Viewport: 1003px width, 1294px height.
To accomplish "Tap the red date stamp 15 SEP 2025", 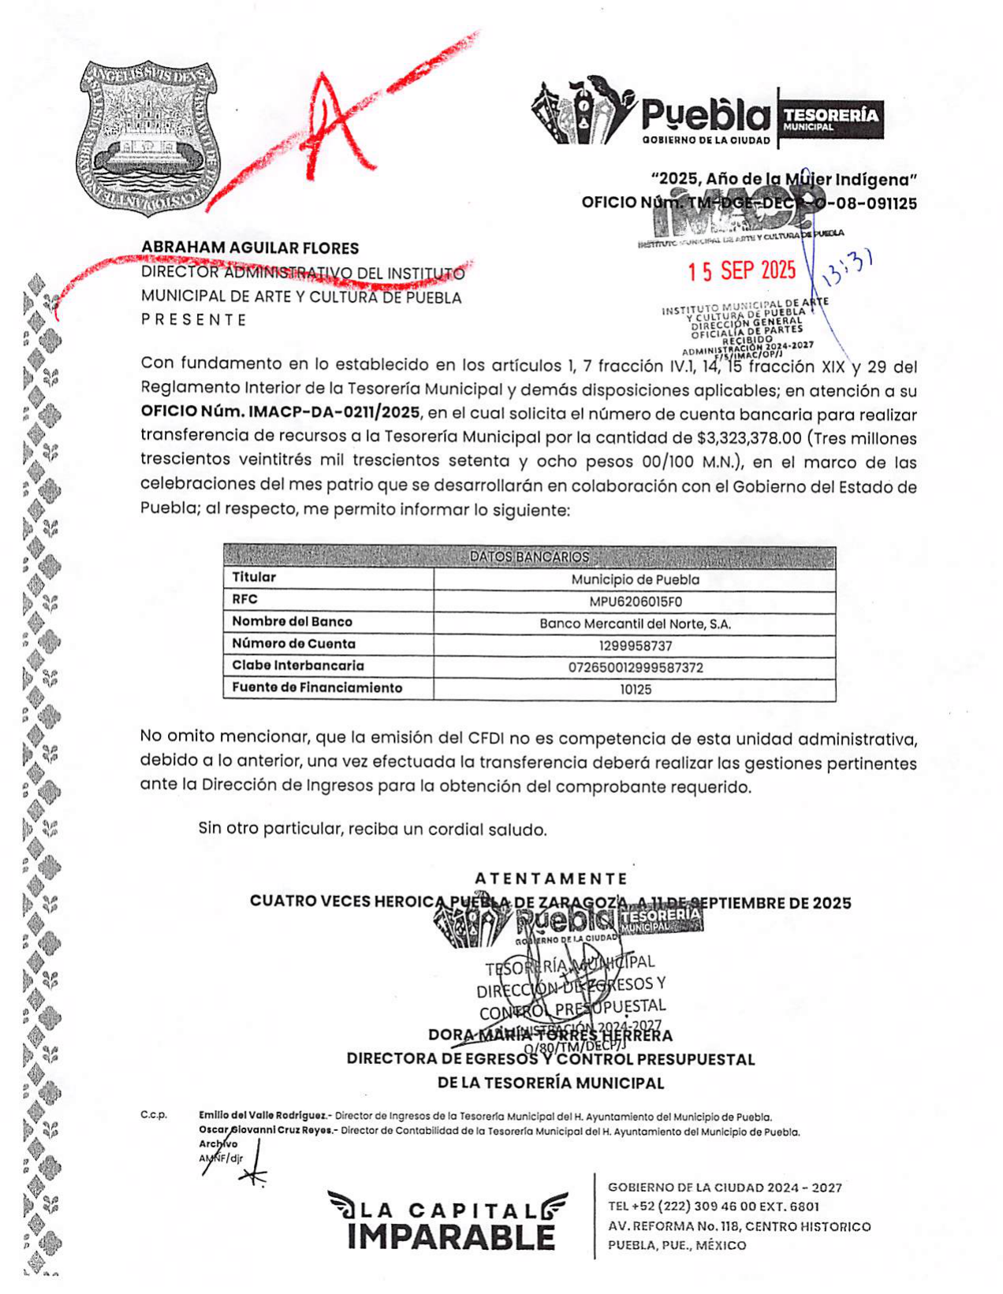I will point(741,271).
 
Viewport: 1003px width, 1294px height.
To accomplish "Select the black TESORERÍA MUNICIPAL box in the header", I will point(830,120).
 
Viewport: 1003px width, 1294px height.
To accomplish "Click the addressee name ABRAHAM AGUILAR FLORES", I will point(250,248).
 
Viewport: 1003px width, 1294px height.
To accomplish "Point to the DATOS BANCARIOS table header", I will point(529,556).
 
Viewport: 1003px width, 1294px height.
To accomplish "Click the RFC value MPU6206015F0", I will point(635,601).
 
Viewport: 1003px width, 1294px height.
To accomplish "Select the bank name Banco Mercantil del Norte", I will point(635,623).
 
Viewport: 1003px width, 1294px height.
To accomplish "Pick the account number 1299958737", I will point(635,645).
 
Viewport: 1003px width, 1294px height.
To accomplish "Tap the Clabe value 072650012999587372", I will point(635,667).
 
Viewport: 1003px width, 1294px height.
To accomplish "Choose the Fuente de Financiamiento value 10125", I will point(635,690).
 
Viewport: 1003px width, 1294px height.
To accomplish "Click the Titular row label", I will point(254,578).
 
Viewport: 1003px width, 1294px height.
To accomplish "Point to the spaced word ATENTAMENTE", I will point(551,879).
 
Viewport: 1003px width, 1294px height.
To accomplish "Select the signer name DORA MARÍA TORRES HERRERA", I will point(550,1035).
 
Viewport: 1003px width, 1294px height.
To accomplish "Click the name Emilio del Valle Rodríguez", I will point(263,1116).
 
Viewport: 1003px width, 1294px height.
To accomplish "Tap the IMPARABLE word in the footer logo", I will point(450,1236).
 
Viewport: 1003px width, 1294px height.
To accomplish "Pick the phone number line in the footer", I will point(713,1207).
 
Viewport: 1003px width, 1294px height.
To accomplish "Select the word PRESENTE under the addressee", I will point(194,320).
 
